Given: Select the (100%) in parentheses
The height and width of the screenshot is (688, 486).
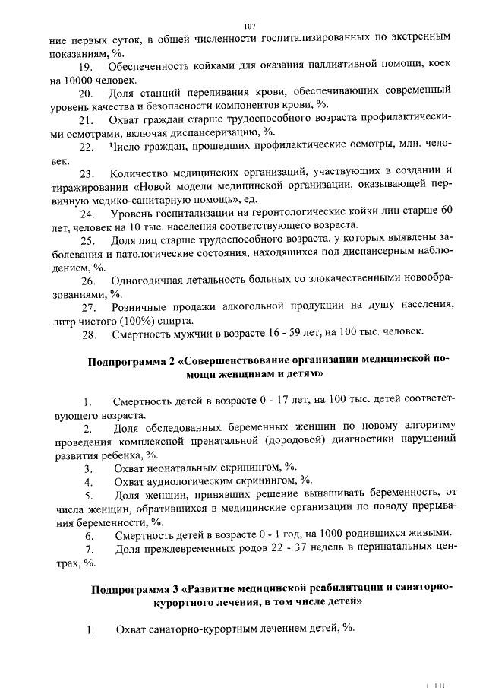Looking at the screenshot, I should click(x=136, y=319).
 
